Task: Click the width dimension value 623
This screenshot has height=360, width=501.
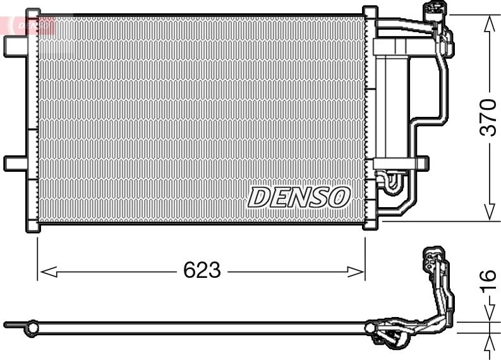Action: tap(202, 271)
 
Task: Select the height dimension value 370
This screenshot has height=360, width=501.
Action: tap(488, 117)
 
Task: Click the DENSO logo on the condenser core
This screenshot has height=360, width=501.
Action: tap(298, 197)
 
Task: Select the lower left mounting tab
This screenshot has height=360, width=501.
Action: tap(14, 163)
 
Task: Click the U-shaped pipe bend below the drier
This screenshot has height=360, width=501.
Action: tap(390, 183)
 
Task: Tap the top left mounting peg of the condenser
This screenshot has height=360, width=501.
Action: tap(33, 12)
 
